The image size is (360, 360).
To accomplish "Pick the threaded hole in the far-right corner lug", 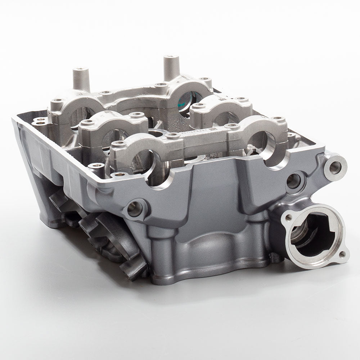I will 335,168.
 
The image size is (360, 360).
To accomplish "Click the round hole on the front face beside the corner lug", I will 293,181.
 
